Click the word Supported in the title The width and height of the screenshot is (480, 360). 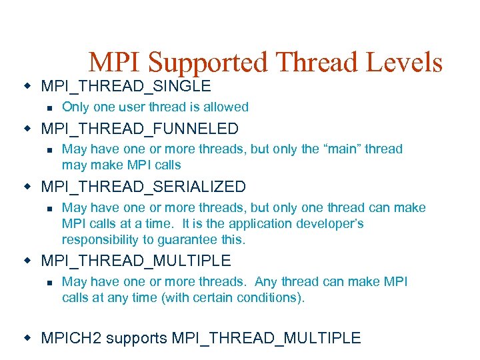pos(208,63)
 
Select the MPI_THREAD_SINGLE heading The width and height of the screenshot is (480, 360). pos(126,86)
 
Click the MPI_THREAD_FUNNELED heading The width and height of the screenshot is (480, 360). pos(140,128)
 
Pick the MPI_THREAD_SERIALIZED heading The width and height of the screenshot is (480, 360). pos(143,187)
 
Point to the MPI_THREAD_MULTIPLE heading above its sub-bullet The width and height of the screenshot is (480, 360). pos(136,261)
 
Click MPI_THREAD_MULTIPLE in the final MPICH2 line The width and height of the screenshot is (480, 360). pos(266,338)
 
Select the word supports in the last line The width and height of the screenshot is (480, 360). pos(137,338)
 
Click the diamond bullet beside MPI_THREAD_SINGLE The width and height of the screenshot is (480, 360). pos(27,86)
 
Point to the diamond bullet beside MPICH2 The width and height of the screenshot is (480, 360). pos(27,338)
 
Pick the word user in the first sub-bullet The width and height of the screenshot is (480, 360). pos(144,107)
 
